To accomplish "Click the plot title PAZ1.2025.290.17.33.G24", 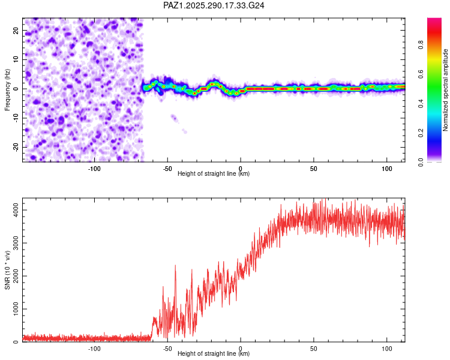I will (214, 5).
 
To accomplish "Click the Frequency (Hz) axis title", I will (7, 90).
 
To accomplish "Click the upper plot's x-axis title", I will (214, 174).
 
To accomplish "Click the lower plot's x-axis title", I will (214, 354).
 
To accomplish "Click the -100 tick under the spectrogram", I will (94, 169).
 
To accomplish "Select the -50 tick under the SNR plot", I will (167, 349).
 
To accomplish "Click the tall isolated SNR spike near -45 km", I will (175, 266).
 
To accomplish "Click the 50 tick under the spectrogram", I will (314, 169).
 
